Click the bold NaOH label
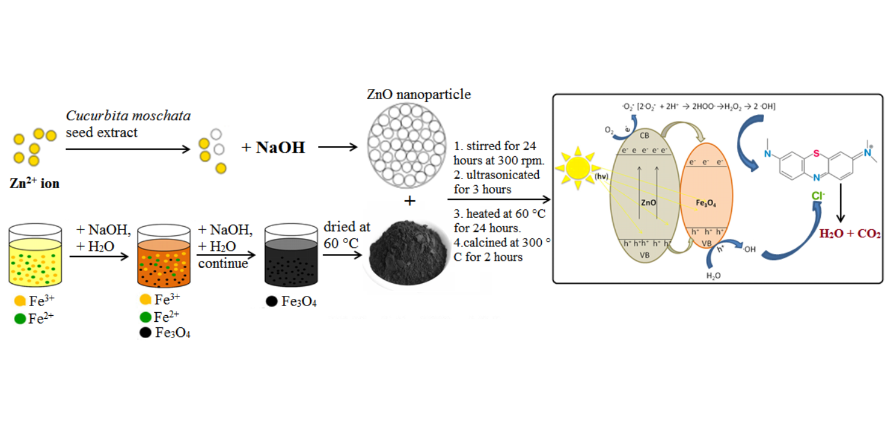[x=280, y=148]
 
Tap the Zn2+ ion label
[x=35, y=183]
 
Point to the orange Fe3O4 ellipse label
[x=707, y=204]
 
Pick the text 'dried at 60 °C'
[x=346, y=235]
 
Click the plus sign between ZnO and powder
[x=410, y=201]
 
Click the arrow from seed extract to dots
[x=128, y=148]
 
